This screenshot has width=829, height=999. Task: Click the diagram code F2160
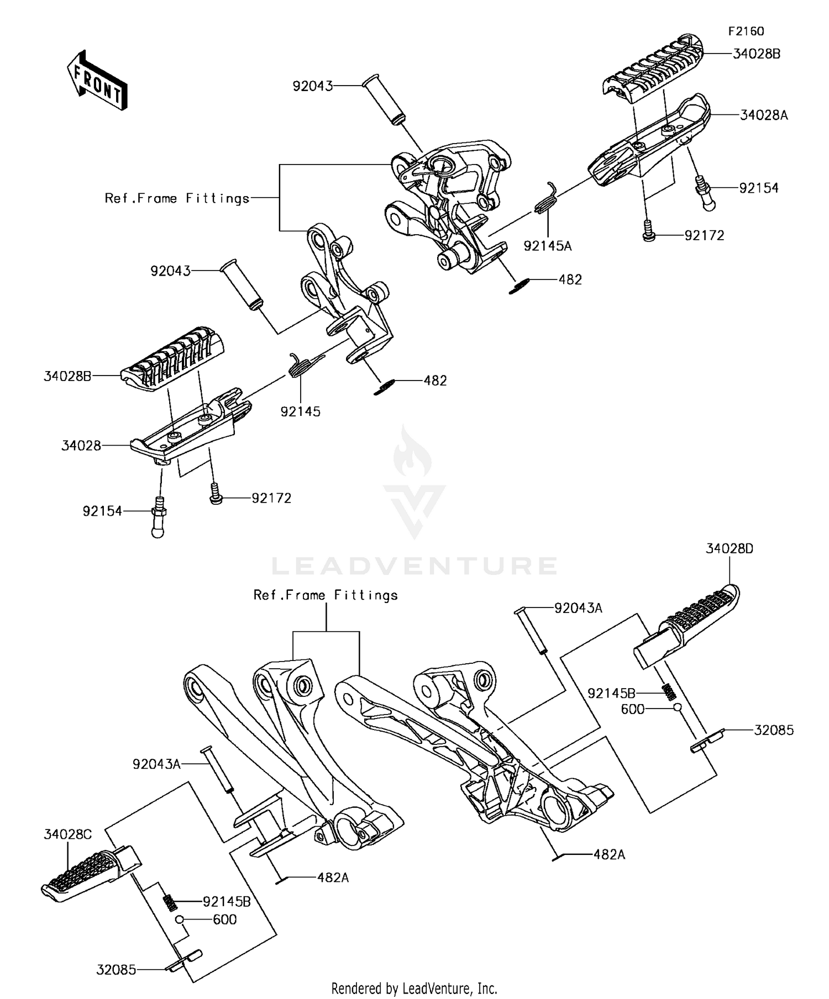[x=746, y=31]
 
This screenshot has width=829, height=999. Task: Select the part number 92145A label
[x=548, y=246]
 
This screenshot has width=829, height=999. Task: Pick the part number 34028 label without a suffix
[x=81, y=446]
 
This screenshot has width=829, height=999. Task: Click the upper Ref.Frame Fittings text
[x=177, y=198]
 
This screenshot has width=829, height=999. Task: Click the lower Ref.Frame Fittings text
[x=326, y=595]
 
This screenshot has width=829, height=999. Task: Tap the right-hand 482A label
[x=609, y=855]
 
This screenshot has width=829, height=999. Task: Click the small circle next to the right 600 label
[x=676, y=709]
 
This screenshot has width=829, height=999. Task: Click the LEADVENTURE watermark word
[x=414, y=566]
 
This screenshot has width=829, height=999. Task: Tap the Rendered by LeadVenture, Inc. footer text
[x=414, y=987]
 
